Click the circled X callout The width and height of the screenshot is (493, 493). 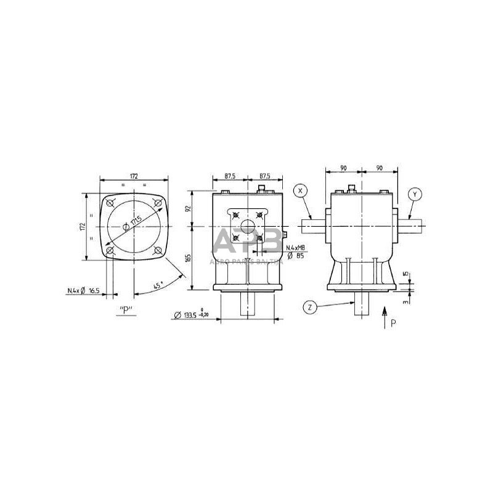pos(300,190)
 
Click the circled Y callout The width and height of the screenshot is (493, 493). pos(415,194)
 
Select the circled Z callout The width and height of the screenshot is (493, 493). pos(309,306)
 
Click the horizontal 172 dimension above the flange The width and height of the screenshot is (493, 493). pos(134,176)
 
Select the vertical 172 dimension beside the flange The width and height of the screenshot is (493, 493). pos(82,226)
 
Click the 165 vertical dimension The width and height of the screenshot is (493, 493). pos(189,257)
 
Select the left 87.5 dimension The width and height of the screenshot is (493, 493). pos(230,176)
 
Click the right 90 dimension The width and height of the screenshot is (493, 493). pos(379,167)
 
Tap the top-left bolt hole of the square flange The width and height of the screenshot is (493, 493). pos(110,202)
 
